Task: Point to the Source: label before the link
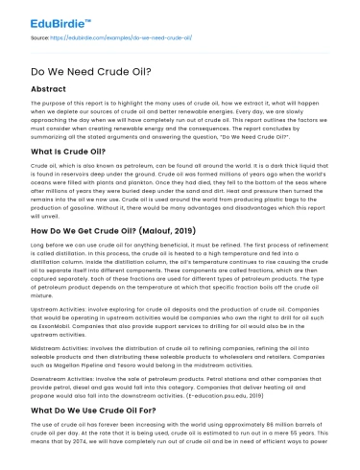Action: (x=44, y=35)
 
